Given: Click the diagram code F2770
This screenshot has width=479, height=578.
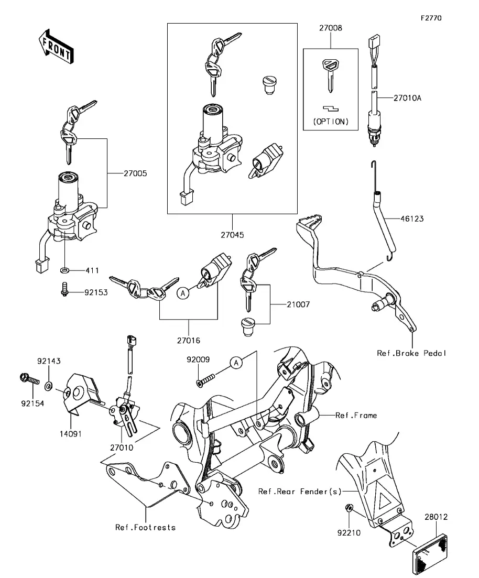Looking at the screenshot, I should (x=431, y=18).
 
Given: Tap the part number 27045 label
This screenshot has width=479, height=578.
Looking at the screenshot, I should (x=232, y=235).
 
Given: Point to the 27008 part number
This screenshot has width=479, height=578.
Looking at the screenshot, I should (x=330, y=29).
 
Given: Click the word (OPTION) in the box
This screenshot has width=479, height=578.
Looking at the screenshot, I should (x=330, y=121).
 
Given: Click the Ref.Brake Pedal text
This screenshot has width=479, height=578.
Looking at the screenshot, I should (x=412, y=353).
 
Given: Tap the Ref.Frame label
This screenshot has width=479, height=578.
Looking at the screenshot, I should (x=356, y=415).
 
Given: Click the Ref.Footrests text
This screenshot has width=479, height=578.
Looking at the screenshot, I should (x=145, y=527).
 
